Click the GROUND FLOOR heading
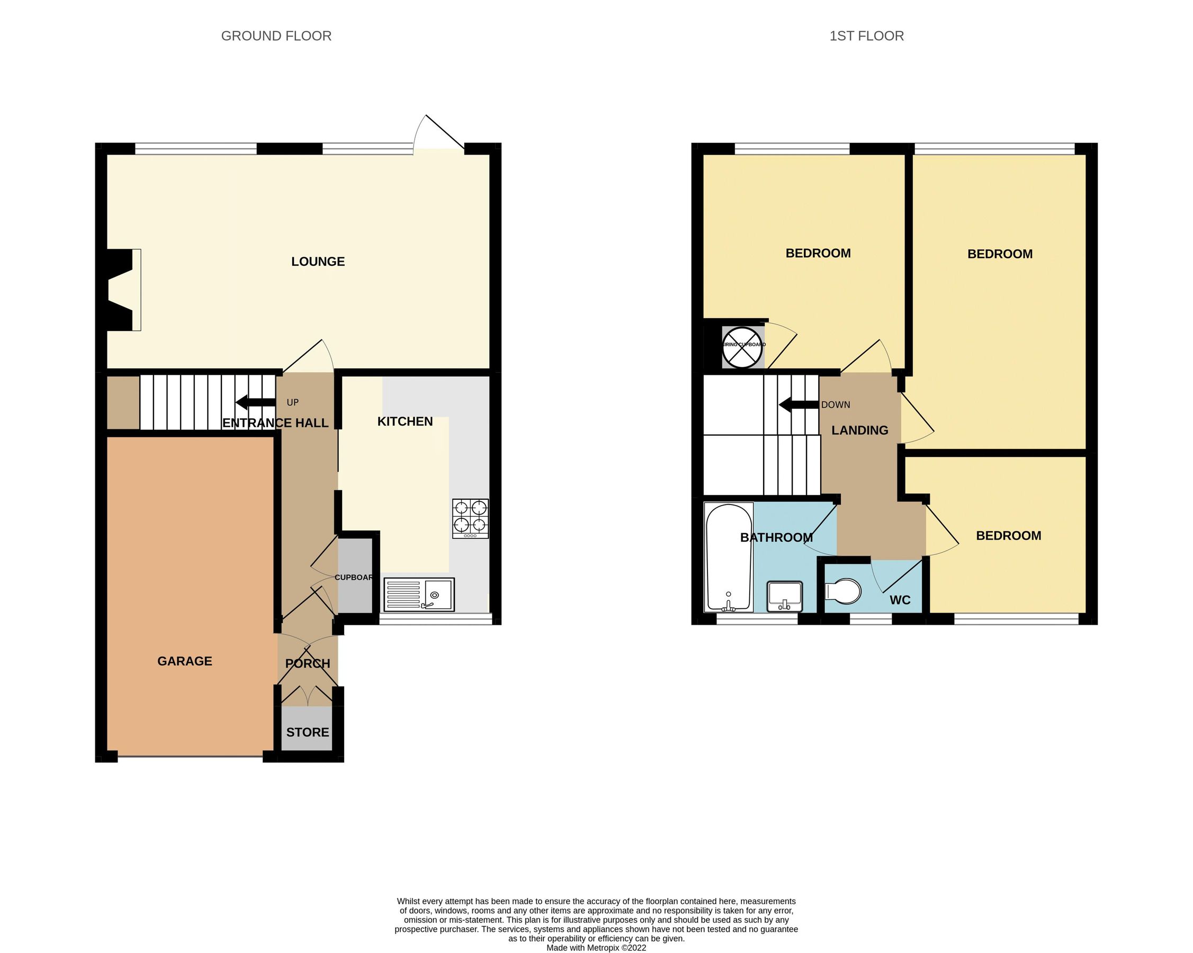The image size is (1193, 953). tap(276, 36)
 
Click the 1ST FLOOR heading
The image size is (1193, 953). tap(866, 36)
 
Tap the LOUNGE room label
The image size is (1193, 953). tap(318, 262)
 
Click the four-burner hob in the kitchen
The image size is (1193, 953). tap(470, 518)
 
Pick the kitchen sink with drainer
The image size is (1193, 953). tap(419, 595)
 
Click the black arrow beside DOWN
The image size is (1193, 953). tap(798, 405)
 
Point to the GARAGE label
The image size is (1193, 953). tap(184, 661)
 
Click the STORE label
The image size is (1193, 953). tap(307, 732)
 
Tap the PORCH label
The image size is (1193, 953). tap(307, 664)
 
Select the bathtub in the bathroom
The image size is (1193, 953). tap(728, 557)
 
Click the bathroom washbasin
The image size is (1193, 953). tap(784, 596)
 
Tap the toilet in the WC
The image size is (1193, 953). tap(843, 591)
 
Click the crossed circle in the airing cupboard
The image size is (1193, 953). tap(742, 347)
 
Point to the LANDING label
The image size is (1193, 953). tap(859, 430)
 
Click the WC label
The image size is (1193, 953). tap(900, 600)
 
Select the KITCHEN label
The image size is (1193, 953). tap(405, 421)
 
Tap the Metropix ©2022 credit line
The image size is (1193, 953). tap(596, 948)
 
